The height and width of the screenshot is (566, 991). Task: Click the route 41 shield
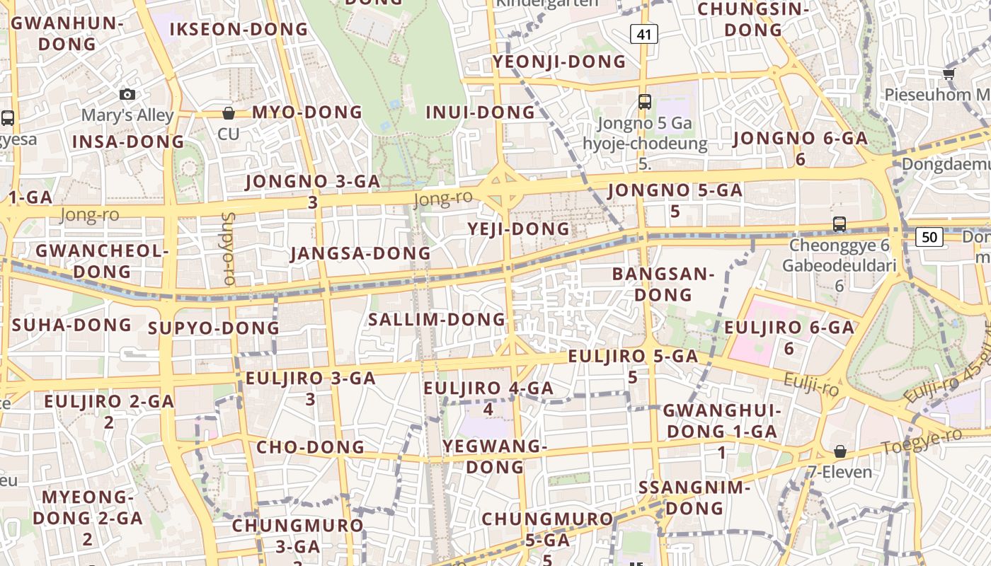click(x=643, y=33)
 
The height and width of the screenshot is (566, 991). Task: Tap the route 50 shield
click(x=929, y=236)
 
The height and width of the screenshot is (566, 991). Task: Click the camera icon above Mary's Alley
click(x=127, y=95)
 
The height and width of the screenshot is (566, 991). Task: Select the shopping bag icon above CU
click(x=229, y=113)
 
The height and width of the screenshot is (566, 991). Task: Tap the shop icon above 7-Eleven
click(x=840, y=451)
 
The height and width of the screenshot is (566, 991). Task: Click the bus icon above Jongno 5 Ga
click(x=644, y=101)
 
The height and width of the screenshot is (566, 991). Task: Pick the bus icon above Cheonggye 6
click(x=840, y=224)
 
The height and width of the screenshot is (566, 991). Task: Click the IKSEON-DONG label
click(x=239, y=30)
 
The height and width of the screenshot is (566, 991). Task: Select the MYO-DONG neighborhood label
click(x=307, y=112)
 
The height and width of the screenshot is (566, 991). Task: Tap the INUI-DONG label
click(x=481, y=112)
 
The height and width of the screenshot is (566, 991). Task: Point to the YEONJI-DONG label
click(x=559, y=62)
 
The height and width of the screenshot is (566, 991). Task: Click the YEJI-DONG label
click(x=519, y=229)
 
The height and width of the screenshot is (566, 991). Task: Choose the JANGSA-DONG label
click(x=360, y=253)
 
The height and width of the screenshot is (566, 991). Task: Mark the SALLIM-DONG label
click(x=437, y=320)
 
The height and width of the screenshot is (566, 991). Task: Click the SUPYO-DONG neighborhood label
click(x=214, y=328)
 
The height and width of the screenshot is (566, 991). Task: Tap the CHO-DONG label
click(x=310, y=447)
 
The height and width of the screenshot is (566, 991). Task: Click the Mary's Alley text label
click(x=127, y=115)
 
